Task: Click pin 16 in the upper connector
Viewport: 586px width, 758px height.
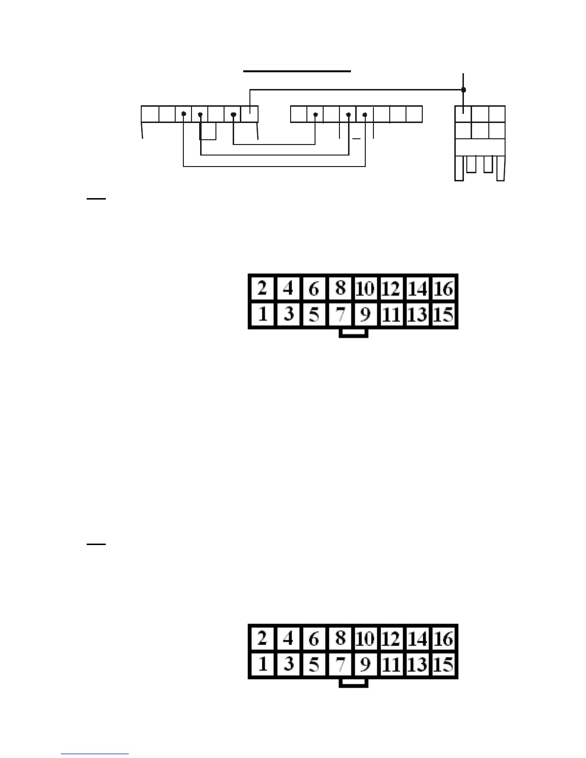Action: click(x=443, y=289)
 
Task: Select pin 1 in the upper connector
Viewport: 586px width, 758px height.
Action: click(x=262, y=314)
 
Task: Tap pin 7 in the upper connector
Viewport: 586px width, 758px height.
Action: click(x=340, y=314)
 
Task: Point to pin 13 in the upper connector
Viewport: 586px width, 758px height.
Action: click(x=417, y=314)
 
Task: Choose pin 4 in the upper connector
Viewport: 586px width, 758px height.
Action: click(x=288, y=289)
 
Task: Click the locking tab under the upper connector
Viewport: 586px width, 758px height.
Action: click(x=353, y=333)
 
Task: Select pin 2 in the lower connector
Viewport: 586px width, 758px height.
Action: click(x=262, y=638)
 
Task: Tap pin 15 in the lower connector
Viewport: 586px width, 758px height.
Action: click(x=443, y=664)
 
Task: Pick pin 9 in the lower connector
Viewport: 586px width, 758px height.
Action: click(x=365, y=664)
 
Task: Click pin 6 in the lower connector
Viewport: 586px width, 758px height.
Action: click(x=314, y=638)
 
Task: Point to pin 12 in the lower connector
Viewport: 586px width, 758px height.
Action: click(x=391, y=638)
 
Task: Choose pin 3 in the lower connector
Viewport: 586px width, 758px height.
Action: click(x=288, y=664)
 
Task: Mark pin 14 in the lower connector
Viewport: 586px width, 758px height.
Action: click(x=417, y=638)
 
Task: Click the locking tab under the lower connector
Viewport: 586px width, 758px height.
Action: click(x=353, y=683)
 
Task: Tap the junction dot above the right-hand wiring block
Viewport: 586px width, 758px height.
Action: click(x=463, y=89)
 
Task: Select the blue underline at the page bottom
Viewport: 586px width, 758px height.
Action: click(x=95, y=754)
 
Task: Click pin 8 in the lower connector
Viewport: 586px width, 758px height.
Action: click(x=340, y=638)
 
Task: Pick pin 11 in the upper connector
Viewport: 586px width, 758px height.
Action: click(x=391, y=314)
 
